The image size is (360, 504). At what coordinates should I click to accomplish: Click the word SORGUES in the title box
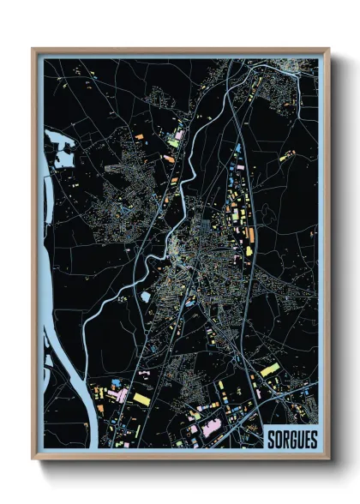point(291,438)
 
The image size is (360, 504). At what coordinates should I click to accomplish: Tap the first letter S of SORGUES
point(270,438)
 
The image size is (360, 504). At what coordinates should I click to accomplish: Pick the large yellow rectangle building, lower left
point(141,399)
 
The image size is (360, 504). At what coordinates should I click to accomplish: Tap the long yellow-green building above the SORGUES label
point(269,369)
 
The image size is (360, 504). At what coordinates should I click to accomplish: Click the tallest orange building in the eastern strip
point(250,234)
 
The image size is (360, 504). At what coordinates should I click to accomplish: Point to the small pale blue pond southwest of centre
point(146,297)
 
